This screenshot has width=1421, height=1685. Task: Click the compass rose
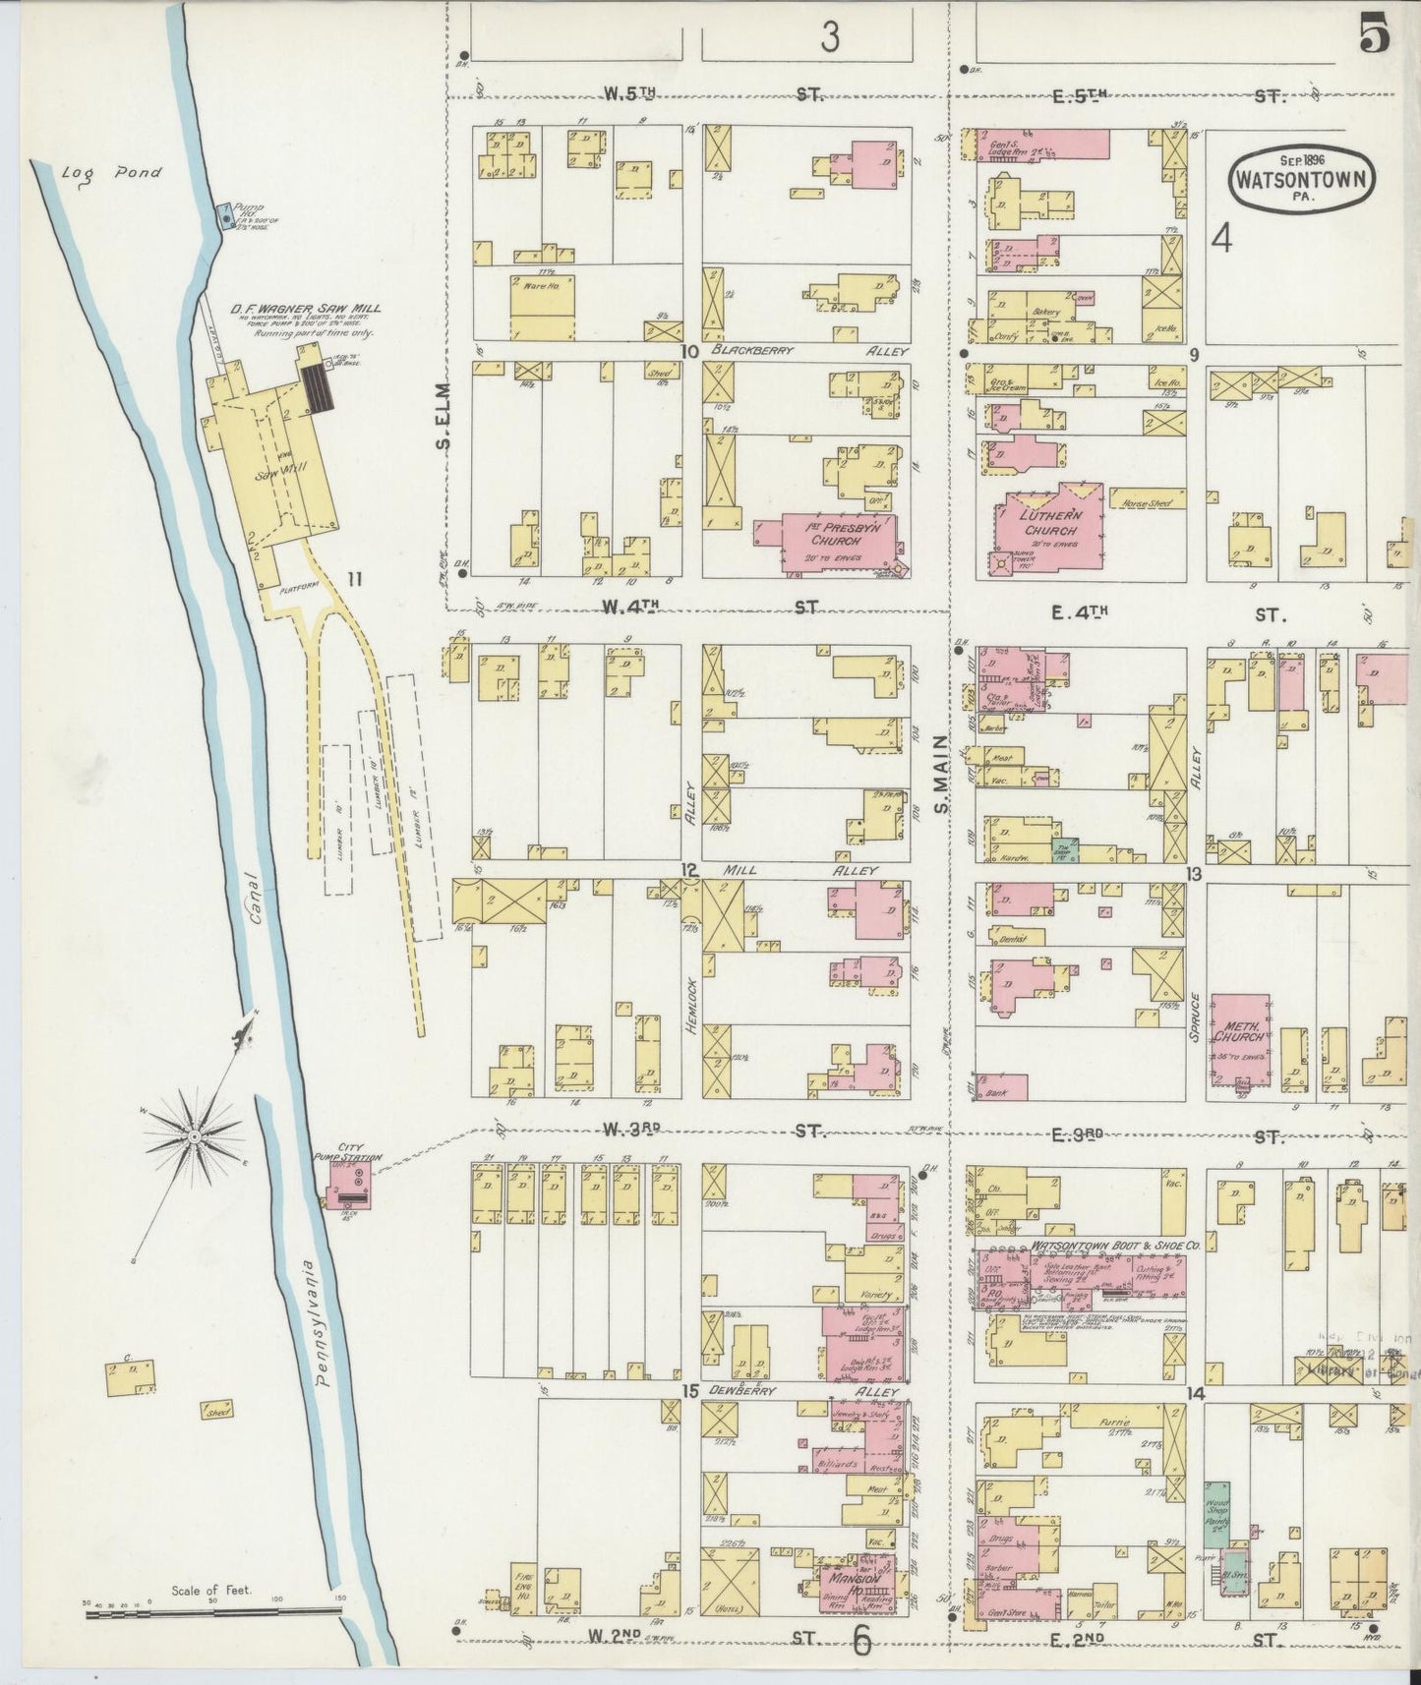pyautogui.click(x=195, y=1136)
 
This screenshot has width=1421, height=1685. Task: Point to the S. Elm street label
pyautogui.click(x=443, y=416)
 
